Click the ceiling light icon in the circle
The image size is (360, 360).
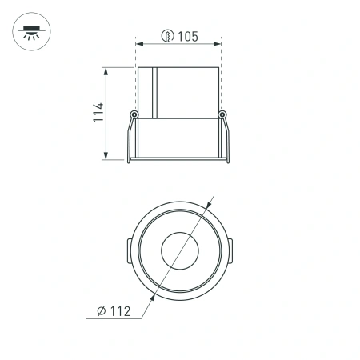[30, 34]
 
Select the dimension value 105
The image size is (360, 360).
[188, 35]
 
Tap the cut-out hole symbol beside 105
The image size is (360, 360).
[167, 35]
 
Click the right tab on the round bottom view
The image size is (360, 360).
[230, 250]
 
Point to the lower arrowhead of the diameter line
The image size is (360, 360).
[148, 295]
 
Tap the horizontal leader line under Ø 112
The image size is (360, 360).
[112, 318]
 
